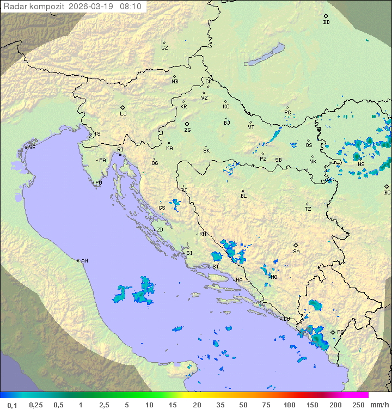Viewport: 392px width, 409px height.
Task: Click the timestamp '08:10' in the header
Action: pos(131,7)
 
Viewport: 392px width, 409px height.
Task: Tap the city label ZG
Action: pos(187,130)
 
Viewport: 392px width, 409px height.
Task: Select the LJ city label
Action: pos(123,114)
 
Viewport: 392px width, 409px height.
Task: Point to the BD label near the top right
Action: pos(326,22)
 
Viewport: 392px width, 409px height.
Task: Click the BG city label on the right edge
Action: pos(387,192)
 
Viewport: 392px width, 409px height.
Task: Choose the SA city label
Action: pos(296,251)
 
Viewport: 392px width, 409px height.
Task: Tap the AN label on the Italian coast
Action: pos(84,261)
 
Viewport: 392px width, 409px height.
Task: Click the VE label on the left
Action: pos(32,148)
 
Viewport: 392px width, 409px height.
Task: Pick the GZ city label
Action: pos(164,48)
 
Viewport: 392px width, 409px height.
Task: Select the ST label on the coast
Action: pos(216,267)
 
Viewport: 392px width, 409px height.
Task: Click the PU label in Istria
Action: pos(99,183)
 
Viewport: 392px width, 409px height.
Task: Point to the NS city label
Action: pos(361,164)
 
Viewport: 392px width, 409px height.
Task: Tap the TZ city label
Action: pos(308,209)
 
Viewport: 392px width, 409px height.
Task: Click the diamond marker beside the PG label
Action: pos(333,332)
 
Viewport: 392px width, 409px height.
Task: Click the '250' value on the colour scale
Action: pos(358,405)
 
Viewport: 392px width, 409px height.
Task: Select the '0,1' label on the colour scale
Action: pos(12,405)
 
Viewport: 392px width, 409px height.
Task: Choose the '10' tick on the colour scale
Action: pos(149,405)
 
